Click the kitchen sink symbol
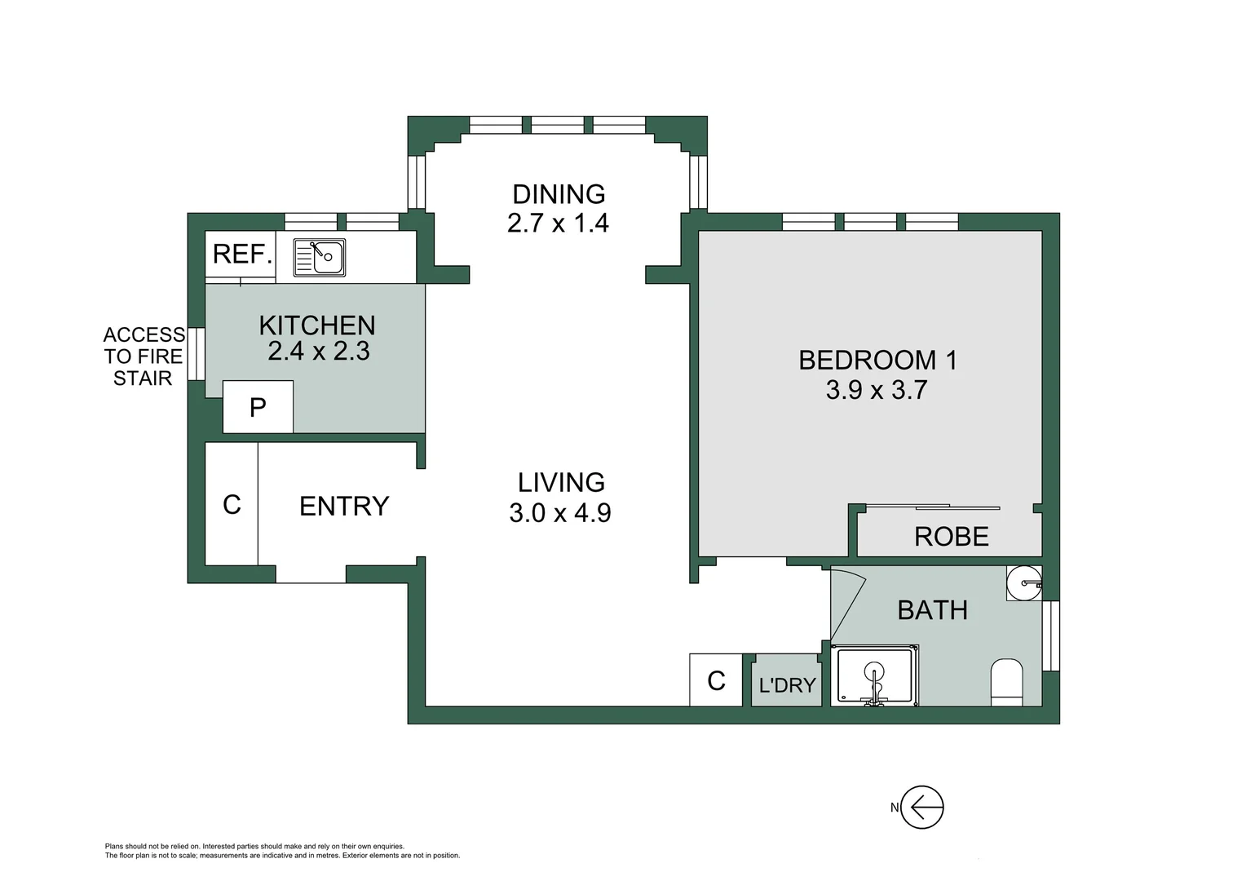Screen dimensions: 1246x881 pos(320,258)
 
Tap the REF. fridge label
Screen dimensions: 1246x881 pos(243,255)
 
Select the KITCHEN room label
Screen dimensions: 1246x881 pos(317,325)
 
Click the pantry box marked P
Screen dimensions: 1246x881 pos(258,407)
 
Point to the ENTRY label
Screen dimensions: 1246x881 pos(344,506)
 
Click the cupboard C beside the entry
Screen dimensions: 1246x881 pos(232,504)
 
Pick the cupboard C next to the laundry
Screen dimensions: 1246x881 pos(716,680)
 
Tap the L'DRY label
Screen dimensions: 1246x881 pos(787,685)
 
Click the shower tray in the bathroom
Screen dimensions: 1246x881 pos(874,675)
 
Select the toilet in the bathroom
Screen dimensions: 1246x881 pos(1007,683)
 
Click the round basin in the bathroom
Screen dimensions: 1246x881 pos(1024,583)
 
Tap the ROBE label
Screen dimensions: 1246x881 pos(952,537)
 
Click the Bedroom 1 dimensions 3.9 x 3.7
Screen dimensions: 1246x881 pos(877,390)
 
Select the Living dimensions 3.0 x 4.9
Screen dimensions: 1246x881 pos(560,512)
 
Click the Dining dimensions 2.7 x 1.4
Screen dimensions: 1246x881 pos(558,224)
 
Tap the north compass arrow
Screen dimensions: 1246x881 pos(922,807)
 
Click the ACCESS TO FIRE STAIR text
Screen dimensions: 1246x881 pos(144,356)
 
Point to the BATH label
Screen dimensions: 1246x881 pos(933,610)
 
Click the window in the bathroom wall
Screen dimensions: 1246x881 pos(1051,636)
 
